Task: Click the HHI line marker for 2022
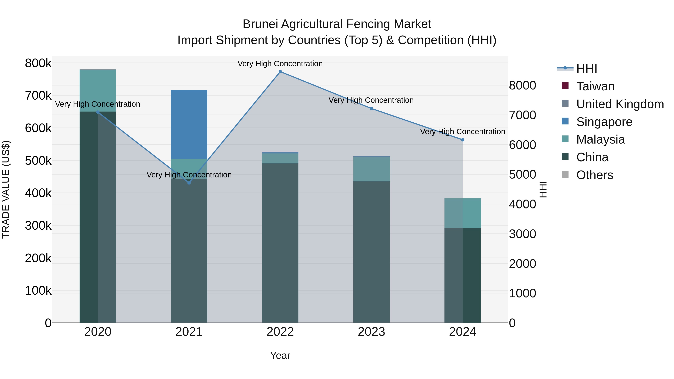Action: click(280, 72)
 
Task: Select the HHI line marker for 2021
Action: click(189, 183)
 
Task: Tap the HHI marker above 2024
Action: click(463, 140)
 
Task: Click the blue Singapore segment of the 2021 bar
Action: click(189, 124)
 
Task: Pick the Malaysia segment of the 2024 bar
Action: click(463, 213)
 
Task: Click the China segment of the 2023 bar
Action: click(371, 251)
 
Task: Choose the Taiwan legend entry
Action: click(595, 86)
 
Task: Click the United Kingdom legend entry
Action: click(620, 104)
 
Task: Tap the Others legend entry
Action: click(594, 175)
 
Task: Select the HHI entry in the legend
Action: click(586, 69)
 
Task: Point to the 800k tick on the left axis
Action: click(38, 63)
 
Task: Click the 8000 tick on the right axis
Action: click(522, 86)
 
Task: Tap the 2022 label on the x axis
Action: click(280, 332)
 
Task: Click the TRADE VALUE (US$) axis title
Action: click(6, 189)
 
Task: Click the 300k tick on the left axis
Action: click(38, 226)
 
